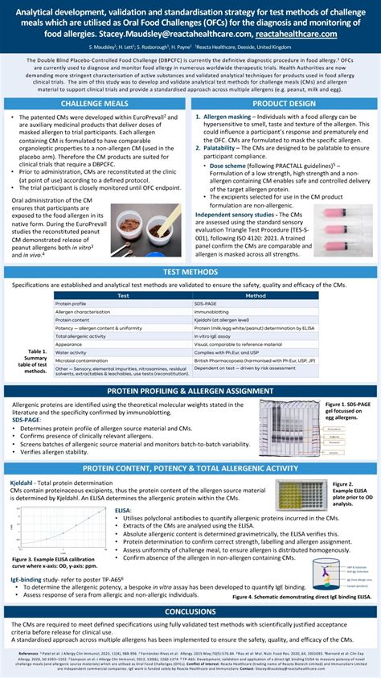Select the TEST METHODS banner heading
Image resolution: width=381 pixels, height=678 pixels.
coord(190,272)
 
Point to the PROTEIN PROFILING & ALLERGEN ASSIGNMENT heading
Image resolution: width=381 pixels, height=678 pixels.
coord(190,391)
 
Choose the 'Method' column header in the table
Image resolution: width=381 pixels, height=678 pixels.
coord(255,296)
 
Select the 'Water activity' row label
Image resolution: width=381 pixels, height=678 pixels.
coord(71,352)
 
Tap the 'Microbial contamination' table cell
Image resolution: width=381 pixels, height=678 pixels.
coord(84,360)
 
